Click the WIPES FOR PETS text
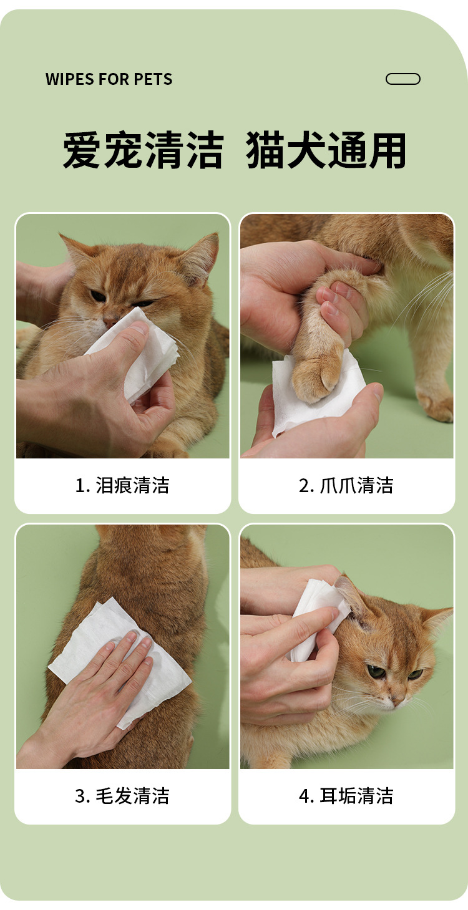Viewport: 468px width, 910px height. pos(109,79)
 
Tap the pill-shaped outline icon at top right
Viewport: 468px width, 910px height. pos(402,79)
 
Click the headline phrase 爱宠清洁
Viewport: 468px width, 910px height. pos(143,150)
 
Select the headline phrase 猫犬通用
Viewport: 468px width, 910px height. pos(326,150)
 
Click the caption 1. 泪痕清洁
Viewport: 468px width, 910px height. pos(122,485)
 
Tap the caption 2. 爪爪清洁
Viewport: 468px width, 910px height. pos(346,485)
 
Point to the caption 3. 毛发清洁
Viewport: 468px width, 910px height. pos(122,795)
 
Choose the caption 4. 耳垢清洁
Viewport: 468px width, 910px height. pos(346,795)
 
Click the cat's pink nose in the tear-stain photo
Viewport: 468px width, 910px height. pos(110,322)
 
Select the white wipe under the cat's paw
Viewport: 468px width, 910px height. pos(317,390)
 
